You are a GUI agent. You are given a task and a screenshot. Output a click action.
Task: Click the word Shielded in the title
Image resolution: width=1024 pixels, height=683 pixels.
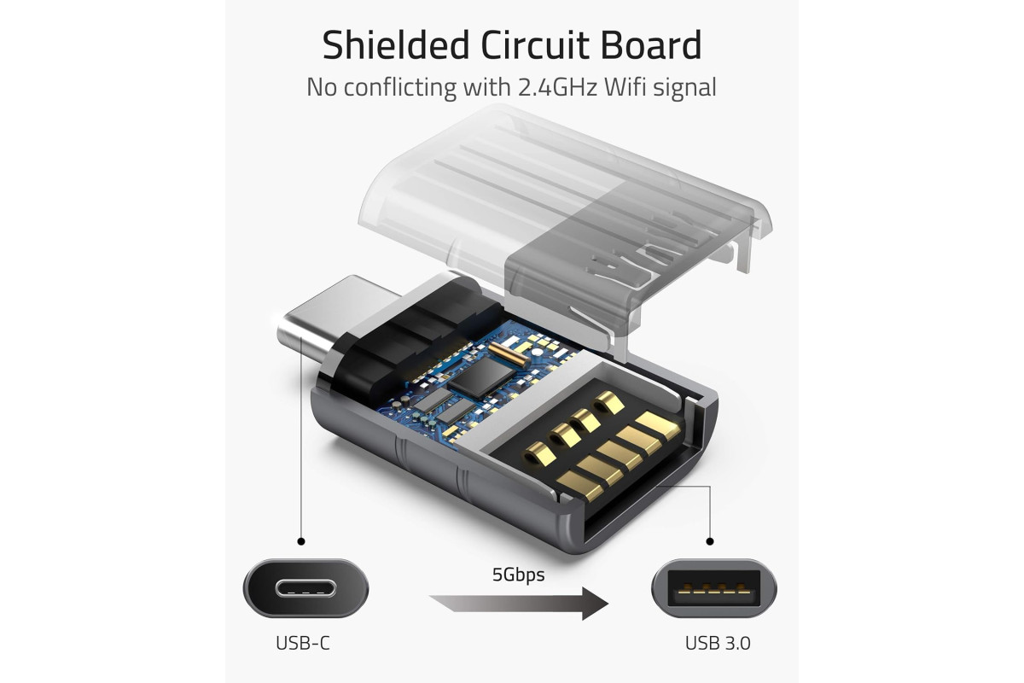tap(396, 45)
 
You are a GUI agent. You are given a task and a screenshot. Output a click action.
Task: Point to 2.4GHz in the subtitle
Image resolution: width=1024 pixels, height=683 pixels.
tap(557, 87)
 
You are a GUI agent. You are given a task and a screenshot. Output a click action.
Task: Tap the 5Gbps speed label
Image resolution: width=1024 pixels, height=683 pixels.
tap(518, 575)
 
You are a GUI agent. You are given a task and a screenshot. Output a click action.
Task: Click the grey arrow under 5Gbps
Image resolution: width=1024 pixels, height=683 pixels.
tap(519, 604)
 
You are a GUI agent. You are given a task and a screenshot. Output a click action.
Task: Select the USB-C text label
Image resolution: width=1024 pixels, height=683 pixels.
tap(303, 643)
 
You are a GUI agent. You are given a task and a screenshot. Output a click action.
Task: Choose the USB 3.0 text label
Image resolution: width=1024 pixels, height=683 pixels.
tap(718, 643)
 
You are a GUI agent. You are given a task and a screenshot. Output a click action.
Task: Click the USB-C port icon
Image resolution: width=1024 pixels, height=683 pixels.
tap(305, 588)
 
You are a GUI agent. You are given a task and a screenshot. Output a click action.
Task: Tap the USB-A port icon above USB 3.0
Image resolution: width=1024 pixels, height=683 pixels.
tap(714, 588)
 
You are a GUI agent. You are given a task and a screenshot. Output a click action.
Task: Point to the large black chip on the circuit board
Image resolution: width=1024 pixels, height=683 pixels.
tap(481, 376)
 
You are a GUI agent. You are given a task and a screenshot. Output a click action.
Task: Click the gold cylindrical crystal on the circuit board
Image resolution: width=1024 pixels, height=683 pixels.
tap(509, 353)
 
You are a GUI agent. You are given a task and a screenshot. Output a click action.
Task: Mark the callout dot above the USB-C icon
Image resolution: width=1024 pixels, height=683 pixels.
tap(300, 541)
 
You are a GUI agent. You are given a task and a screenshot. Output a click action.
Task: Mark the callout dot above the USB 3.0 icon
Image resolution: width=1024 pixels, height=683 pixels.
tap(709, 541)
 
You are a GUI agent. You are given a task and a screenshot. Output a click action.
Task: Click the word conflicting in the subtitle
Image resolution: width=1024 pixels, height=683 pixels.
tap(399, 87)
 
